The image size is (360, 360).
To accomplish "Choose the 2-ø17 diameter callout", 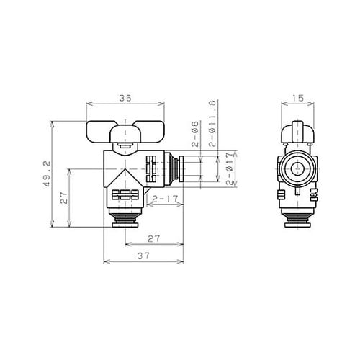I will coord(230,167).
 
